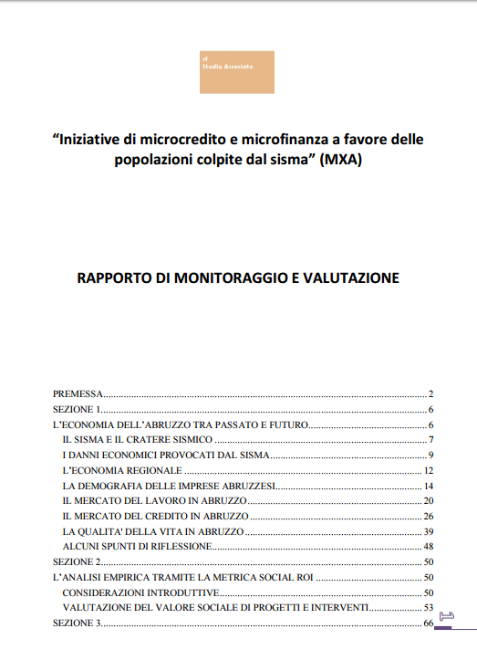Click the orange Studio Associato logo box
pos(237,72)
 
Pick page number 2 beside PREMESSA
pos(429,393)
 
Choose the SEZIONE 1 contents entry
pos(75,409)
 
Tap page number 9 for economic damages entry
pos(429,455)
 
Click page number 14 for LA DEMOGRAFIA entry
pos(427,485)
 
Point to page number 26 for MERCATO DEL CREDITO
pos(427,516)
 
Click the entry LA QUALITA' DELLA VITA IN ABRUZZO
pos(152,530)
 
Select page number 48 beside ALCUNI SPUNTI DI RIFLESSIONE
pos(427,546)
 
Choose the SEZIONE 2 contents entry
pos(75,561)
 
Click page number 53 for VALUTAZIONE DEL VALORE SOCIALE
pos(427,607)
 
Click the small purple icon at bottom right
pos(446,616)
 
